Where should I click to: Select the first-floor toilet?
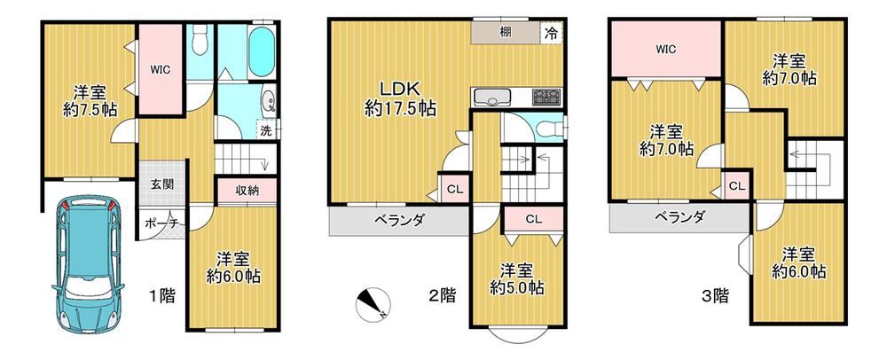[x=199, y=41]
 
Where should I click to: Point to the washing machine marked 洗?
[x=266, y=130]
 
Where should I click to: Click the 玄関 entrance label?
[x=161, y=184]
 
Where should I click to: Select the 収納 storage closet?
[x=247, y=191]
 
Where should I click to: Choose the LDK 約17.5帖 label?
[x=400, y=99]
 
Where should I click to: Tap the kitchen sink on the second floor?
[x=492, y=98]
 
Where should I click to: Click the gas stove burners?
[x=546, y=98]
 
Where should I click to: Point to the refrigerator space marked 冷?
[x=551, y=33]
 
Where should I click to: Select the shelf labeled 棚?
[x=506, y=33]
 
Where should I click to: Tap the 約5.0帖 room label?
[x=517, y=287]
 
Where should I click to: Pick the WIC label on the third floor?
[x=666, y=49]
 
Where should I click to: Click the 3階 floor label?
[x=716, y=294]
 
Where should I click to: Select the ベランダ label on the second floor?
[x=399, y=221]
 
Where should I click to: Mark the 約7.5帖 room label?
[x=90, y=110]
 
